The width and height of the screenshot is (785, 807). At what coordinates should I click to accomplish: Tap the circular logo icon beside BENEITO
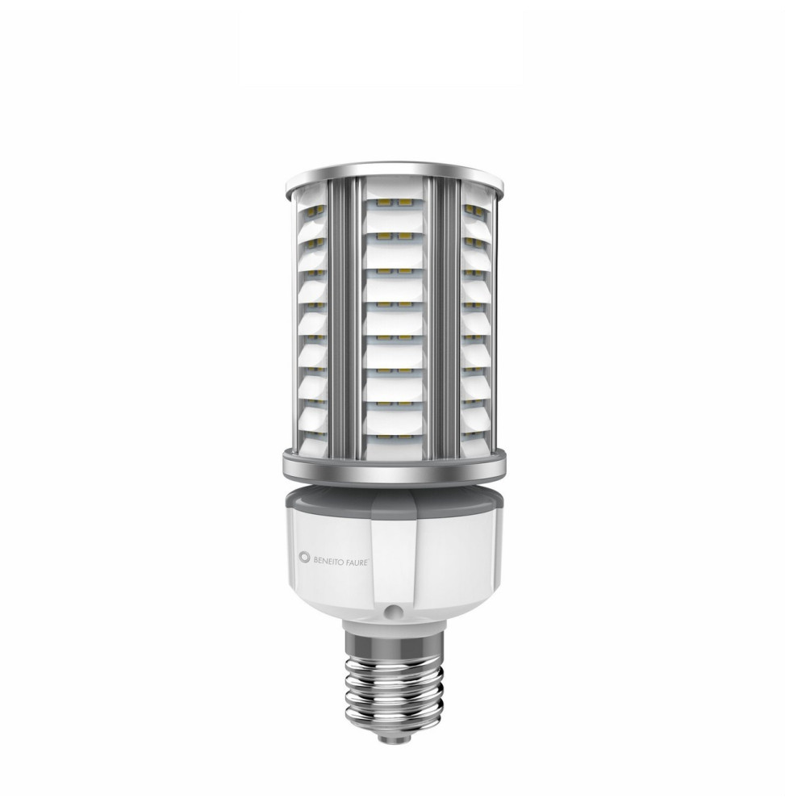click(x=304, y=556)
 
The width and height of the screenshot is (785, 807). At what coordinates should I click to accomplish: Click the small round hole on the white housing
click(x=393, y=613)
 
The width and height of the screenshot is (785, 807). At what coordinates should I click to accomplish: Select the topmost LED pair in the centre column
click(x=395, y=204)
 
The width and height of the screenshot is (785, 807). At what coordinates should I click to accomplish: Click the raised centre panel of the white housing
click(x=394, y=557)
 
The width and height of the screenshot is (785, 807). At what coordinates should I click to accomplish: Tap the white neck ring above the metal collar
click(x=393, y=625)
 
